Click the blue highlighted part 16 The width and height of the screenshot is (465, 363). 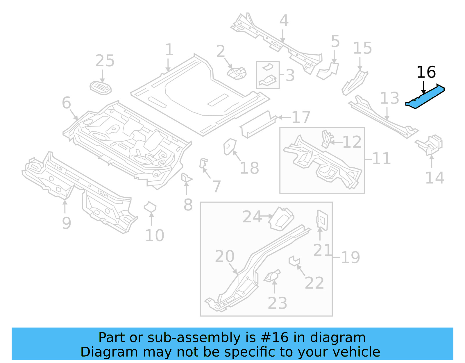click(x=425, y=97)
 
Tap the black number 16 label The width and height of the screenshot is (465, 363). click(x=426, y=72)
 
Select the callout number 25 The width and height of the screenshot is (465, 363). click(x=105, y=61)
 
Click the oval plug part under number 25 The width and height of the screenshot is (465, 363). click(x=101, y=88)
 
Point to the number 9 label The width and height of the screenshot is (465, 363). click(x=67, y=223)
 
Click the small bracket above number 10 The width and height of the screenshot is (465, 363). click(x=150, y=207)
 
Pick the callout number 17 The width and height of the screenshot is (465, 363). click(x=301, y=117)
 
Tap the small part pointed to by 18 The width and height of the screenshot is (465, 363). click(x=229, y=146)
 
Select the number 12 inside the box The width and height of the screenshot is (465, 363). click(x=352, y=142)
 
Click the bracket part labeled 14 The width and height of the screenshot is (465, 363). click(x=431, y=144)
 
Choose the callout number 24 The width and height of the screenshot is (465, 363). click(x=252, y=217)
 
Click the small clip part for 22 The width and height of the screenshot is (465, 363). click(x=294, y=260)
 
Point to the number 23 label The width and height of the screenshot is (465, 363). click(x=277, y=303)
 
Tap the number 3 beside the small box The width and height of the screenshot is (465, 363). click(x=290, y=76)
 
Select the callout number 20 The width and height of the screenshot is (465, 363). click(x=224, y=256)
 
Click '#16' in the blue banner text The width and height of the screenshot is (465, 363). click(x=275, y=338)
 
